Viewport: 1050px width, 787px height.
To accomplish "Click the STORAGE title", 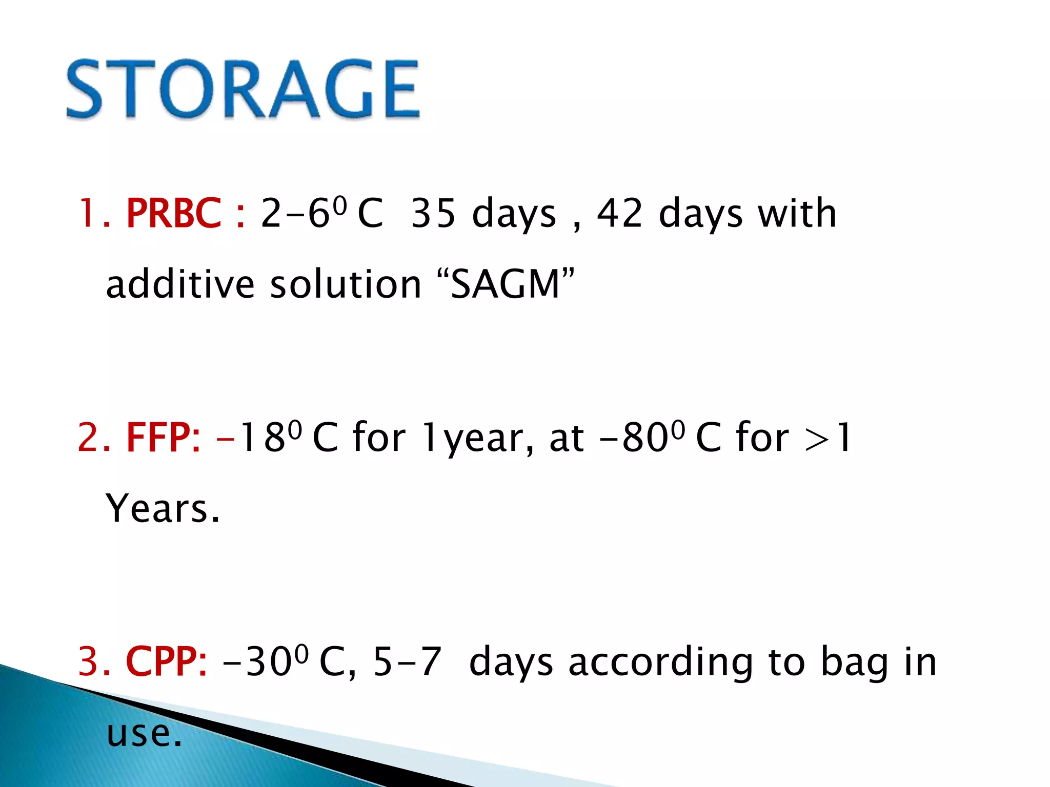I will point(244,90).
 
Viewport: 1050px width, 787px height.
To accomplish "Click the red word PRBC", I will point(174,213).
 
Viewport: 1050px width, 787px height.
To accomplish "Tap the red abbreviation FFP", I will point(163,438).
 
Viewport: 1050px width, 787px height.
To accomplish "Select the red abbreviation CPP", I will point(166,661).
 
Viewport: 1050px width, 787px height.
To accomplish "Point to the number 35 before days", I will point(433,213).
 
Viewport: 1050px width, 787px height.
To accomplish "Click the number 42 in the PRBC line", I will point(620,213).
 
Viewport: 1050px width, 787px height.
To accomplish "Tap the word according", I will point(661,662).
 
